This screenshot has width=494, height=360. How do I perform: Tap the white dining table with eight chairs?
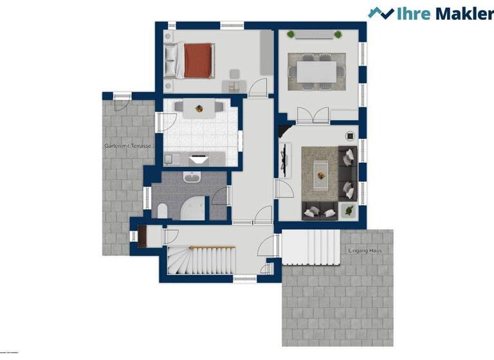[x=316, y=67]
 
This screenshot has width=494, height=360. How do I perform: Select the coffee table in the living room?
[x=320, y=174]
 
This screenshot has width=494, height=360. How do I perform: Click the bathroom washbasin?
[x=192, y=177]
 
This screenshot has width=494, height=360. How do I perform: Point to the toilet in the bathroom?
[x=163, y=209]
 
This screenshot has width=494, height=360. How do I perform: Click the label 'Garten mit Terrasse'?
[x=129, y=147]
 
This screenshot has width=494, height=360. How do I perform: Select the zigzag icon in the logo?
[x=381, y=13]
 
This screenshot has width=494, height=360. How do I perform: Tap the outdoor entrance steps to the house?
[x=311, y=248]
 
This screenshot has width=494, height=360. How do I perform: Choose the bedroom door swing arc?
[x=259, y=86]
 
